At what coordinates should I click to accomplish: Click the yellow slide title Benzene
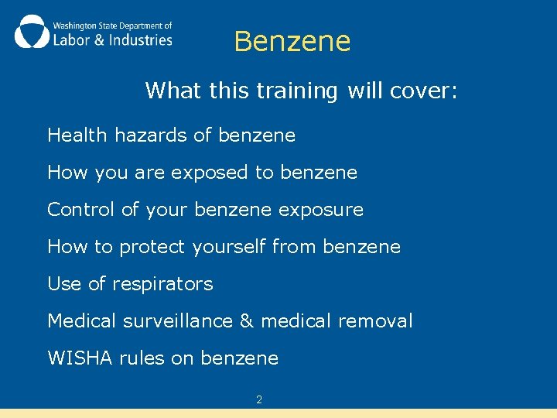click(292, 42)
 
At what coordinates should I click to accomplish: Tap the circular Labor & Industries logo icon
click(31, 32)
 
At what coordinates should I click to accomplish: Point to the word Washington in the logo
click(74, 25)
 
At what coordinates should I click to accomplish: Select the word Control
click(78, 210)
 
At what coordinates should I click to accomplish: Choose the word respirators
click(162, 284)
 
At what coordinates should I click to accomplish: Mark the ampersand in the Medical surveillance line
click(247, 320)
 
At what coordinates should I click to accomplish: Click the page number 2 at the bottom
click(259, 400)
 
